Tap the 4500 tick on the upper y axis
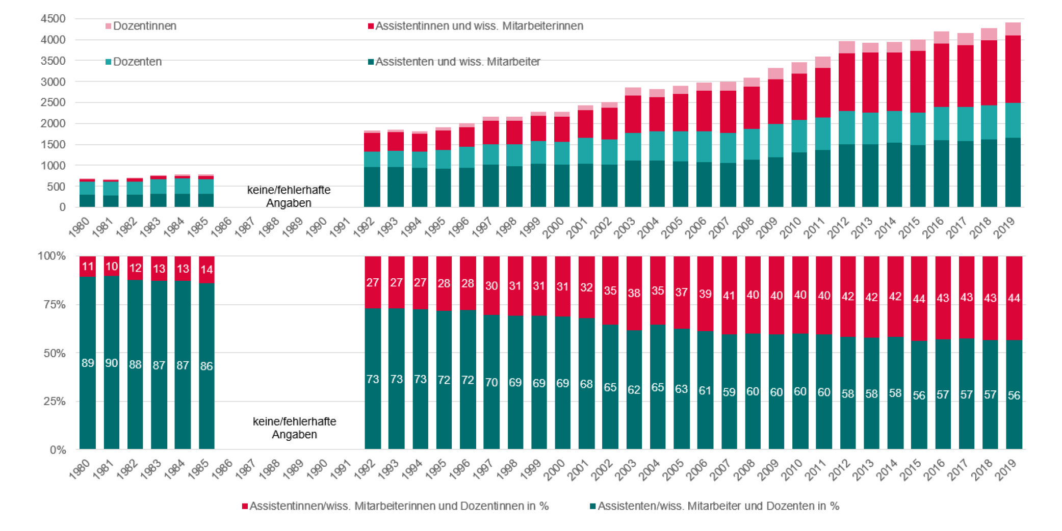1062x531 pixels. tap(53, 19)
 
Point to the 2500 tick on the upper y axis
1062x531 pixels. tap(53, 102)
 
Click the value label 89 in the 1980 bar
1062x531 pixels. tap(88, 363)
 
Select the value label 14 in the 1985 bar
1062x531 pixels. tap(206, 270)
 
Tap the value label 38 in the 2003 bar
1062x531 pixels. tap(634, 293)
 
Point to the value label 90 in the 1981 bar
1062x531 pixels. tap(112, 363)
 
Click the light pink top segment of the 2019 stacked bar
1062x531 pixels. tap(1013, 29)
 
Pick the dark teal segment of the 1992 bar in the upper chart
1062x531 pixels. tap(372, 187)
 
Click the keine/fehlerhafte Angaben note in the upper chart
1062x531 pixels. tap(289, 197)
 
